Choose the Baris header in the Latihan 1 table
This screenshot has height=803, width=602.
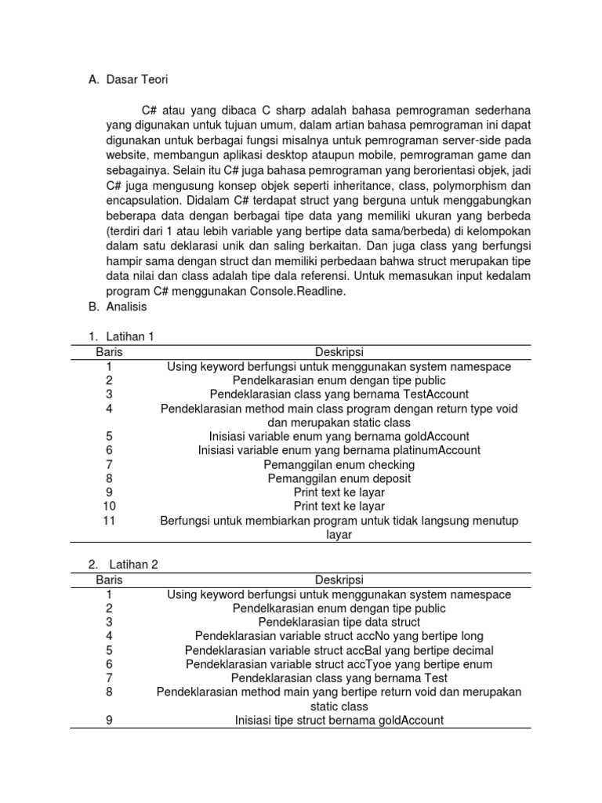109,352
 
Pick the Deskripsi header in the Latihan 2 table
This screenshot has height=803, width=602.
339,580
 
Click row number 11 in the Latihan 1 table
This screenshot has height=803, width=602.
109,521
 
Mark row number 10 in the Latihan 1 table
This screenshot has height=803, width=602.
109,507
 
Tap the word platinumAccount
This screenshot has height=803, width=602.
437,450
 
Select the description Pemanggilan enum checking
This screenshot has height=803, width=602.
339,464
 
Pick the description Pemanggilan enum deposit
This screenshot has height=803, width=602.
339,478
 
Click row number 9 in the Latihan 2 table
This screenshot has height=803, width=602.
109,720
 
